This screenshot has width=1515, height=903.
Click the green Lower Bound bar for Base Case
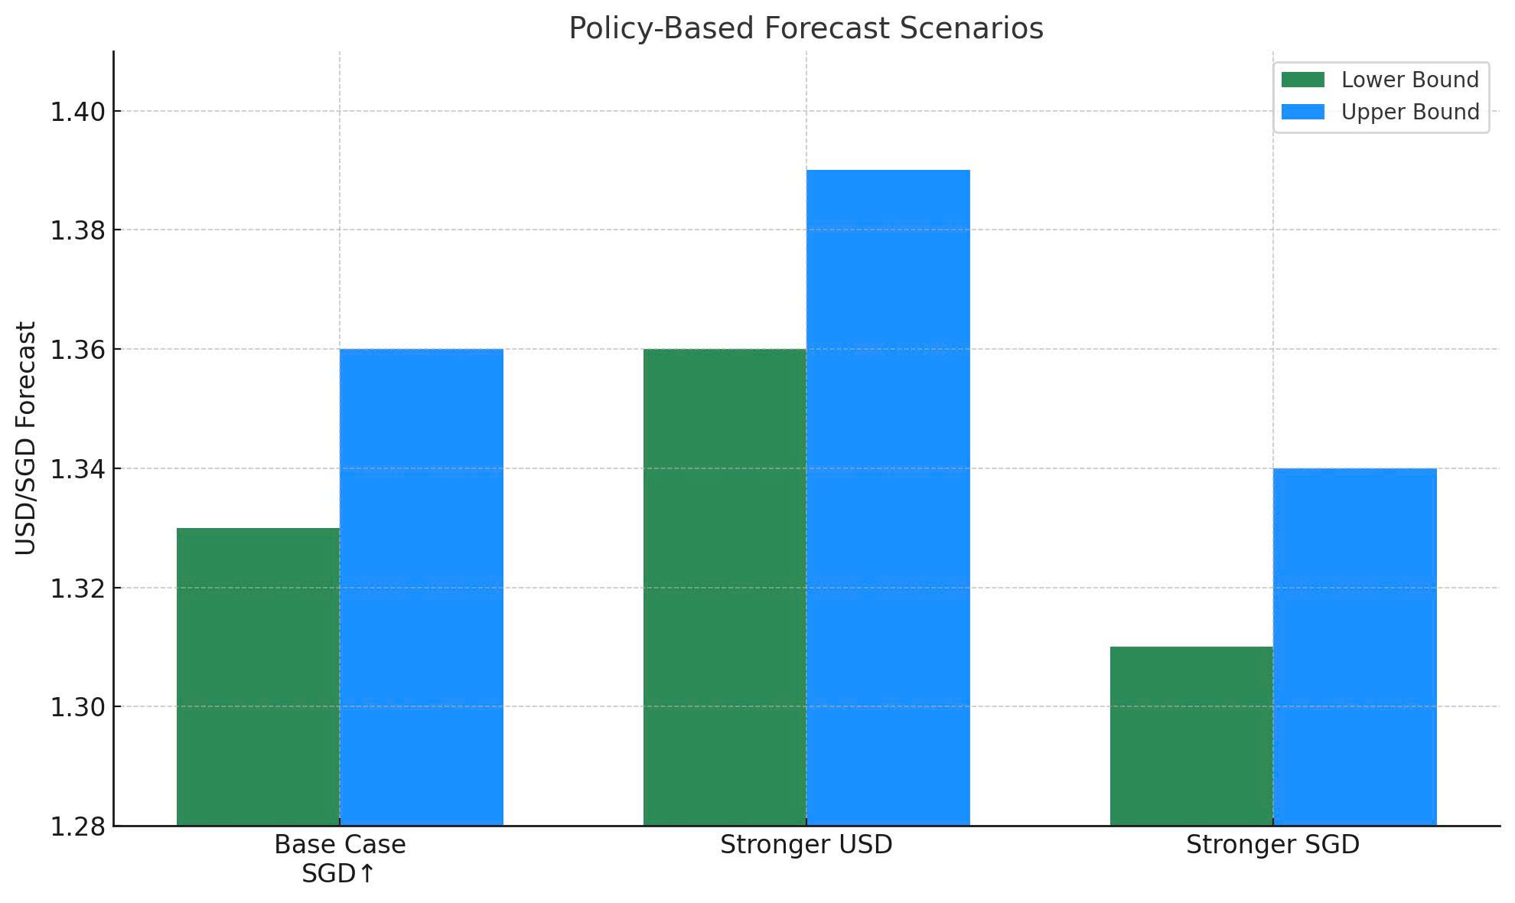click(x=258, y=677)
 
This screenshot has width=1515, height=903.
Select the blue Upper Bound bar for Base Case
click(x=422, y=588)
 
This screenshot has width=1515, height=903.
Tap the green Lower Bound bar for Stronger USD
click(x=725, y=588)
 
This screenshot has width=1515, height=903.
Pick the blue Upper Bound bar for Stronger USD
click(x=888, y=497)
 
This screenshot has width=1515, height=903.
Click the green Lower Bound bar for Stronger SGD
click(x=1191, y=736)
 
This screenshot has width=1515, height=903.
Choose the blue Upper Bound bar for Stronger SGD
click(x=1355, y=647)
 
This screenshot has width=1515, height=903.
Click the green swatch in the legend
click(x=1303, y=80)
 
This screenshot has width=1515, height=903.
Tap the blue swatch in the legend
click(x=1303, y=112)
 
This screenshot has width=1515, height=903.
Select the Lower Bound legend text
click(x=1409, y=80)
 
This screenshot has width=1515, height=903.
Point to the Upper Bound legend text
click(x=1409, y=112)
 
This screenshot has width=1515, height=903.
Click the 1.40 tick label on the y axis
click(x=77, y=112)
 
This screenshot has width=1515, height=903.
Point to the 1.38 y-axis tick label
click(x=77, y=231)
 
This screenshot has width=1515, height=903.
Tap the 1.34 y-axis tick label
click(x=77, y=469)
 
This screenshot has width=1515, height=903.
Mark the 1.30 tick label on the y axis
click(x=77, y=708)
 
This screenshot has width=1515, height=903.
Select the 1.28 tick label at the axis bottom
click(x=77, y=827)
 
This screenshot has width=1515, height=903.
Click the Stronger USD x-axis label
click(x=806, y=845)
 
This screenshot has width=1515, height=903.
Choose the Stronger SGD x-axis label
click(x=1272, y=845)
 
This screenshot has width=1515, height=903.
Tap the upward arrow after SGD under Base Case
click(x=367, y=873)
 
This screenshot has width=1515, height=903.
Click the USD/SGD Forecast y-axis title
click(x=26, y=438)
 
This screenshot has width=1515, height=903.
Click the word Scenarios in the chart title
click(x=971, y=28)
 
